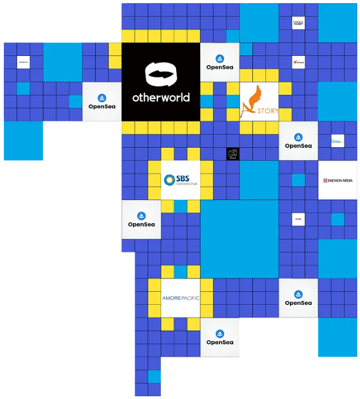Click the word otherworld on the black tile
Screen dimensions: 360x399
coord(161,98)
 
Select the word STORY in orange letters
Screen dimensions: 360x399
coord(268,111)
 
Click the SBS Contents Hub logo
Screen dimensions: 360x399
coord(181,180)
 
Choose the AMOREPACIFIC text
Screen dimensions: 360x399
coord(181,298)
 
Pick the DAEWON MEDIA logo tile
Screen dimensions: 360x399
coord(338,180)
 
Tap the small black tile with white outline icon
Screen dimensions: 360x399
coord(233,154)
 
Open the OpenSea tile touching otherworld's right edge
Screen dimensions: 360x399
coord(219,62)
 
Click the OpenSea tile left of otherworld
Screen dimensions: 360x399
coord(102,102)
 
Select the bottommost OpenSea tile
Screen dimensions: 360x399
coord(219,338)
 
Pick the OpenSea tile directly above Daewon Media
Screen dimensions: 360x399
coord(298,141)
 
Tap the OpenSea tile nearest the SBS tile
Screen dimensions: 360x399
coord(141,219)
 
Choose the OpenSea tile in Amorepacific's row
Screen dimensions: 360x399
coord(298,298)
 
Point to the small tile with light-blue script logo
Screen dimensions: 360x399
coord(337,141)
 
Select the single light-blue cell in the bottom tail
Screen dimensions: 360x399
coord(154,377)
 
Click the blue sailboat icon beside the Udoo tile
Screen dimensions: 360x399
coord(298,137)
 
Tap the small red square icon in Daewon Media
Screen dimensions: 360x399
coord(325,180)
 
